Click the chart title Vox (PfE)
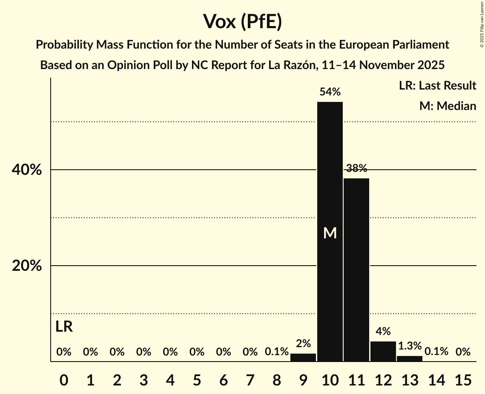point(242,22)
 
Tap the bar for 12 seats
point(383,351)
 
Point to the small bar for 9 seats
point(303,357)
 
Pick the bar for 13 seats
point(410,359)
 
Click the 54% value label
point(330,92)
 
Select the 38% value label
point(356,168)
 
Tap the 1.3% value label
point(410,346)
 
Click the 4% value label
point(383,331)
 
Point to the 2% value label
point(303,343)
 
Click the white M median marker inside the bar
point(330,233)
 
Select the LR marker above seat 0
point(64,327)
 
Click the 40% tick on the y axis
point(26,170)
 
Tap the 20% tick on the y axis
point(26,266)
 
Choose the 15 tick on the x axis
point(463,379)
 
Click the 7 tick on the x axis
point(250,379)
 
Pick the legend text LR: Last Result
point(437,86)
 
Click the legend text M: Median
point(448,106)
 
